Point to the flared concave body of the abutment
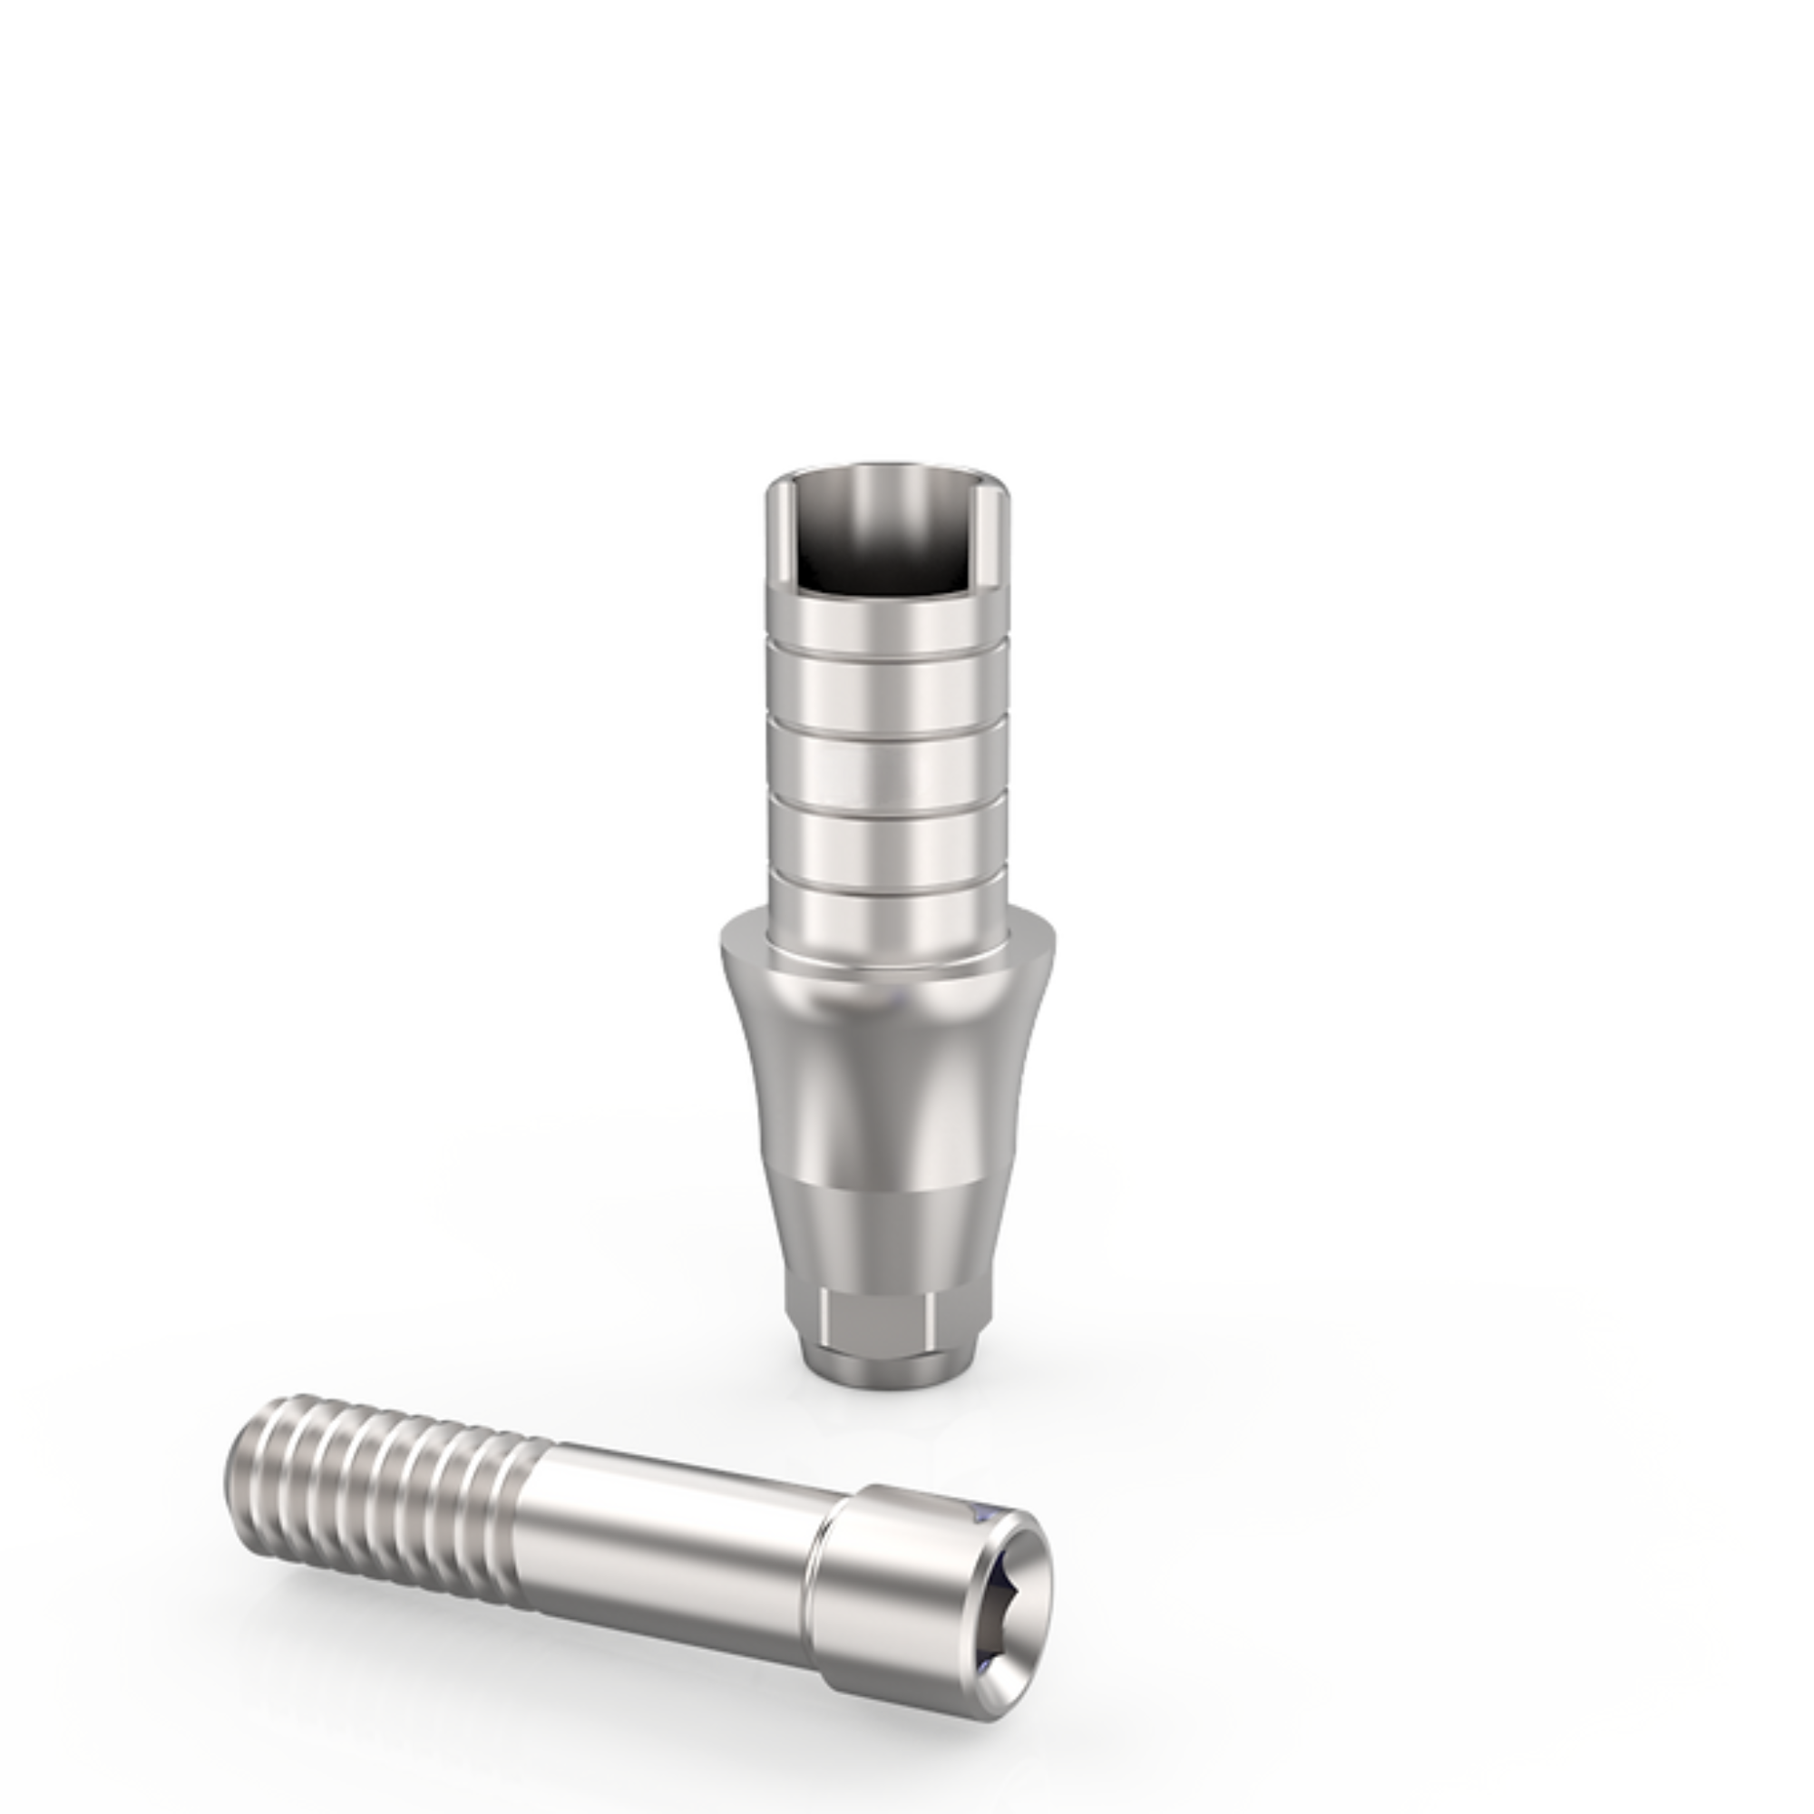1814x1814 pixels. pyautogui.click(x=887, y=1079)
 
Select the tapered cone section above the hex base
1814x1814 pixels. pyautogui.click(x=887, y=1239)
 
